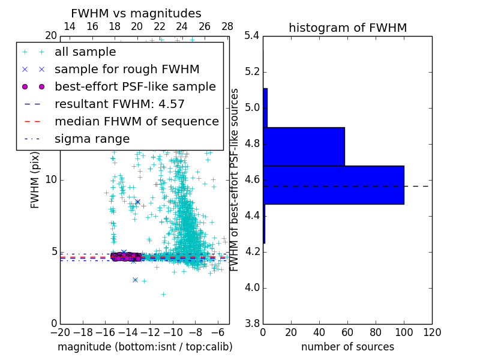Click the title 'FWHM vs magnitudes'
[136, 14]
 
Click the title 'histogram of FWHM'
[347, 28]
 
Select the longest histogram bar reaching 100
[333, 185]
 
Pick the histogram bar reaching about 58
[304, 146]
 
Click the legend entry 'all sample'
[85, 52]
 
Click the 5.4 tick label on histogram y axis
[253, 36]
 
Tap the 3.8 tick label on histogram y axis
[253, 323]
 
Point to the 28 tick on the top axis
[227, 27]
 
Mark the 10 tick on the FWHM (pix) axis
[51, 180]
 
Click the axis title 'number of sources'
[347, 347]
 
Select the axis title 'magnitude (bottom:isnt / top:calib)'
[145, 347]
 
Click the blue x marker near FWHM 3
[135, 280]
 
